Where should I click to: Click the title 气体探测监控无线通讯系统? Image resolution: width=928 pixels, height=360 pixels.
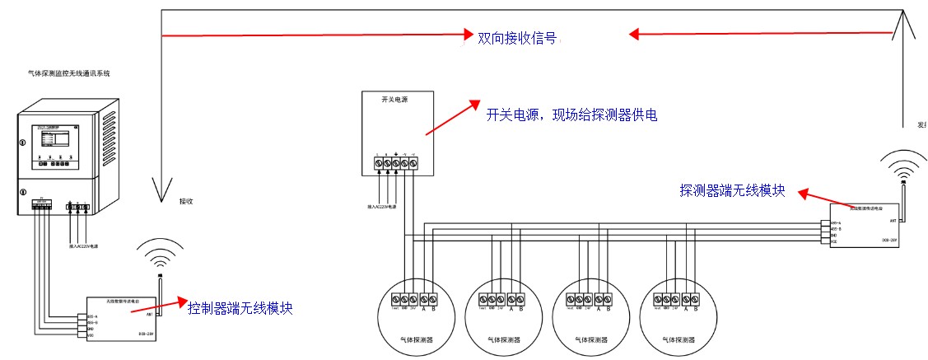(x=69, y=73)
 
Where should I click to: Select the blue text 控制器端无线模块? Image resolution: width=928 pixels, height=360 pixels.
(x=240, y=308)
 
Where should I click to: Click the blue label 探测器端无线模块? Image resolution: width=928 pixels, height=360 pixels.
(x=732, y=191)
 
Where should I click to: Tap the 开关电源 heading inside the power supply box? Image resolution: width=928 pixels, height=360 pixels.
(x=394, y=100)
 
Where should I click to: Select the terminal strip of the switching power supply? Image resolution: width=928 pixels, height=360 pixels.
(x=395, y=163)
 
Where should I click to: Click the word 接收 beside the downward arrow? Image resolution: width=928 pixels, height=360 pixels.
(x=186, y=200)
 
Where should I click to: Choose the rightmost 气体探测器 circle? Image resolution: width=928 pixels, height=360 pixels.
(x=677, y=316)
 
